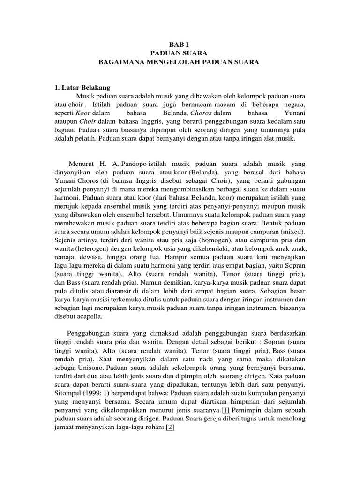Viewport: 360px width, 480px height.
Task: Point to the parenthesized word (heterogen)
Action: click(x=96, y=249)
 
